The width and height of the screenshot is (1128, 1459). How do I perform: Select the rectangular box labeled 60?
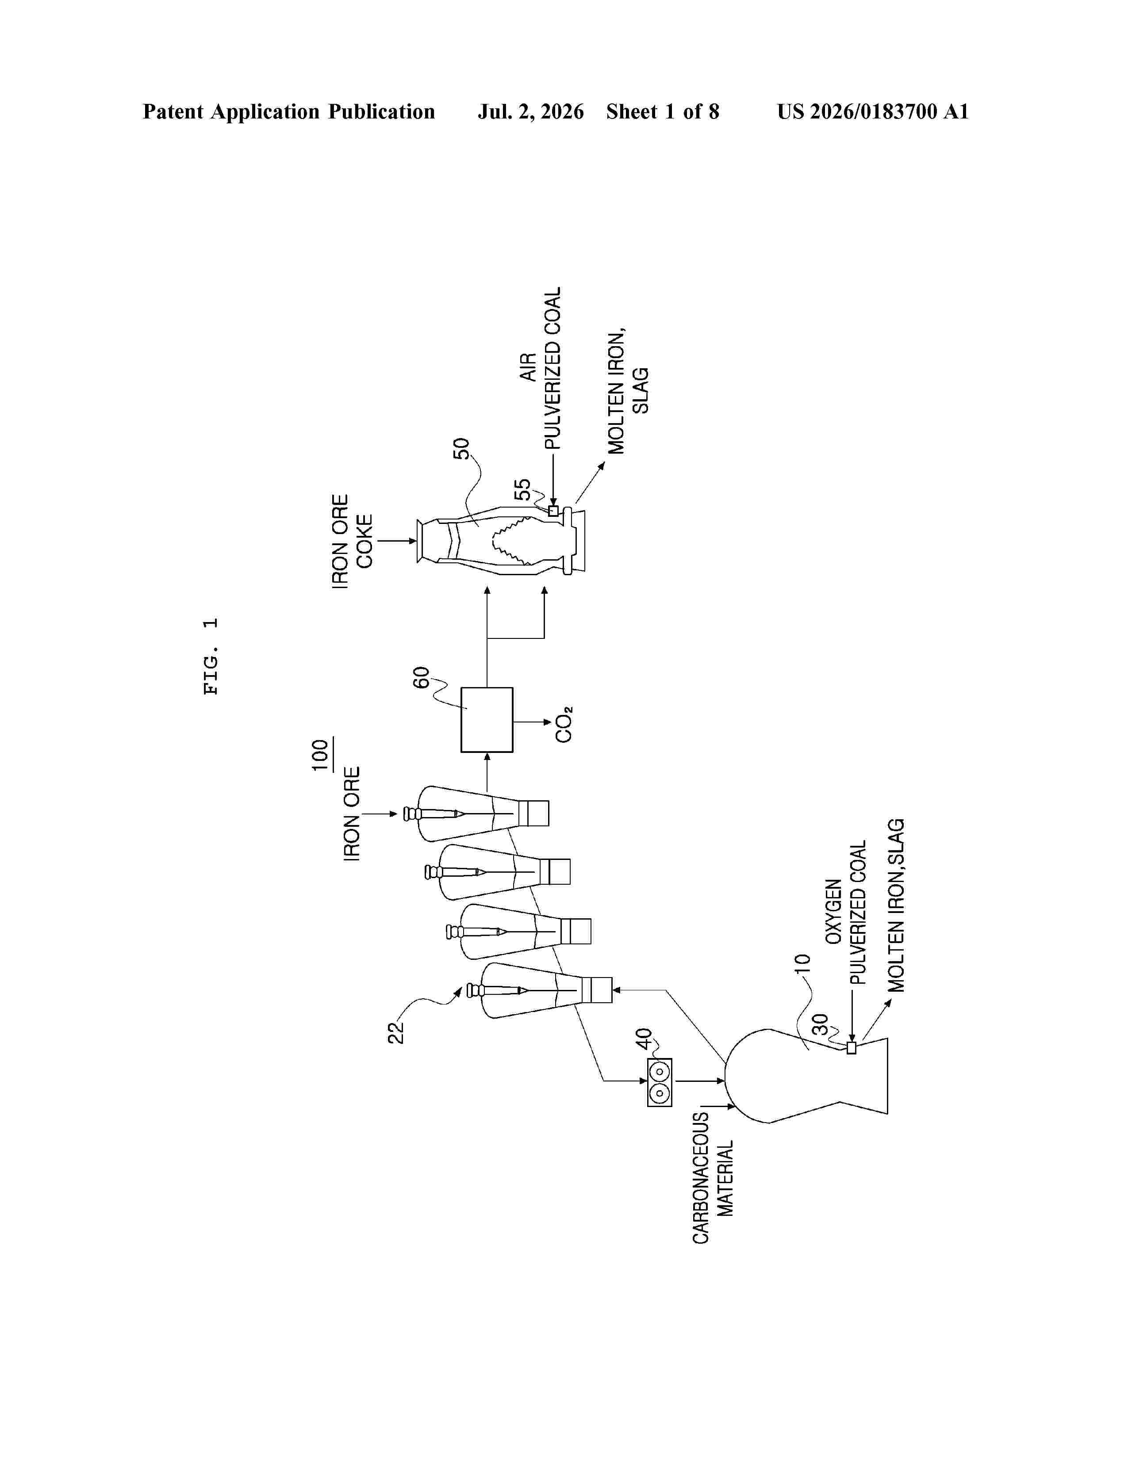487,719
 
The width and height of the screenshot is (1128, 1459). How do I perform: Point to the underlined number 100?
322,755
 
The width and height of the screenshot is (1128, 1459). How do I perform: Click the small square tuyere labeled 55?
552,511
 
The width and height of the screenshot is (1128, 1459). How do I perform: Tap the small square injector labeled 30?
851,1048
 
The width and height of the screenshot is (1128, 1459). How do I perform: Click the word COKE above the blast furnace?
364,541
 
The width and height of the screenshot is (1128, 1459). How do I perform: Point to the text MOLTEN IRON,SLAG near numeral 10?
895,905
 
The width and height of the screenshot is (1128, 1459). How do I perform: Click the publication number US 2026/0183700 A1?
873,111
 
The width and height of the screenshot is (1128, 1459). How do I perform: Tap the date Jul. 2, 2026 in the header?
530,111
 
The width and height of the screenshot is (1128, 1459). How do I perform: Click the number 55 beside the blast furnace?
522,490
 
